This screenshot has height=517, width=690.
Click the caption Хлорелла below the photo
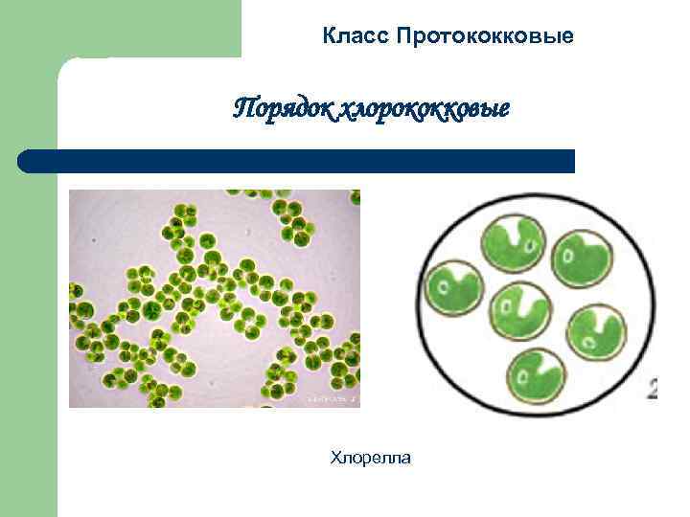370,459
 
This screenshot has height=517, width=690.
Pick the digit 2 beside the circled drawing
653,388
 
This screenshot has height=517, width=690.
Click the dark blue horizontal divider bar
297,160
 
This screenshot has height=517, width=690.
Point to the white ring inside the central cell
502,308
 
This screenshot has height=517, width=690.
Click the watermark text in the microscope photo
331,396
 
